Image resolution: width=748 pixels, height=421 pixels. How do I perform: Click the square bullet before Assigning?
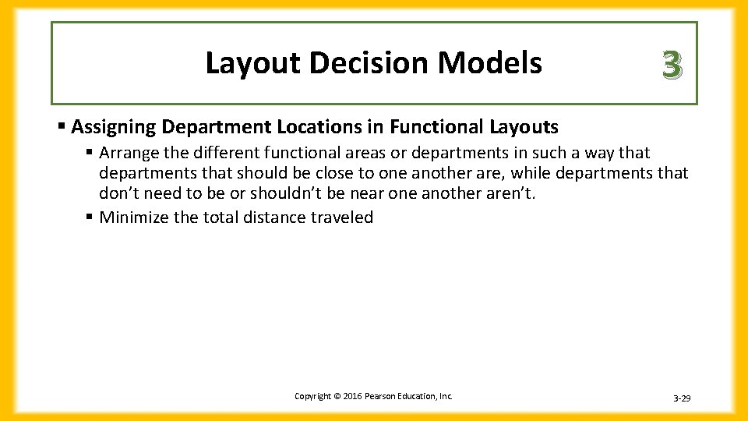tap(62, 126)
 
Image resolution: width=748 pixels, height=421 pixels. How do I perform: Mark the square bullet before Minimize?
tap(90, 218)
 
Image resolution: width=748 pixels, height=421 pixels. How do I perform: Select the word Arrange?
tap(128, 153)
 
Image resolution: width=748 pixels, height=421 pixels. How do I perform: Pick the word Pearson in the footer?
tap(378, 397)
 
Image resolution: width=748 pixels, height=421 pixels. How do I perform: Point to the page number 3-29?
tap(681, 398)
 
